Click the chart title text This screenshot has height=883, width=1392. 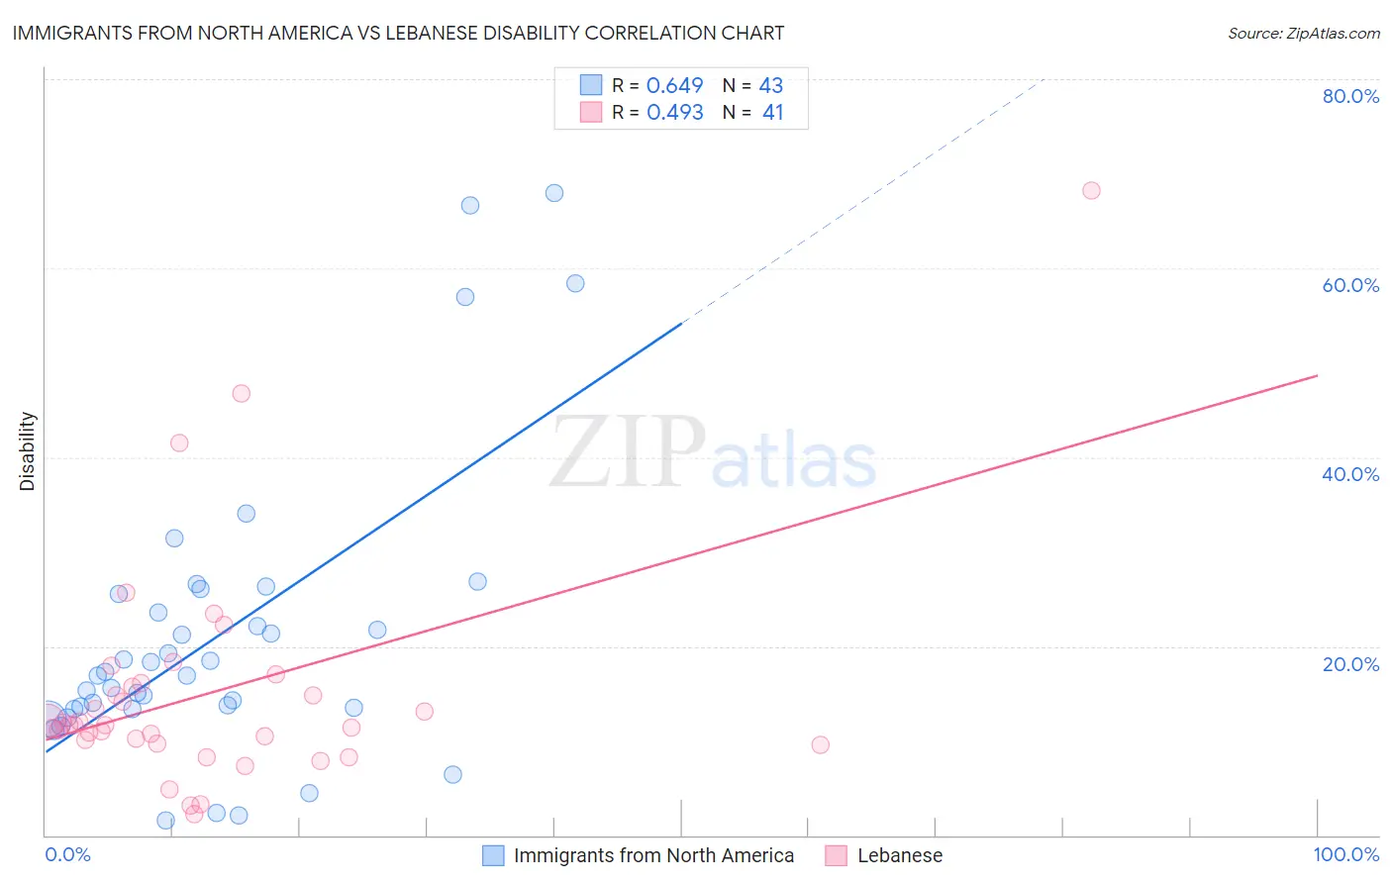[398, 33]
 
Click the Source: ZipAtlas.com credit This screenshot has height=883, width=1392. [1303, 33]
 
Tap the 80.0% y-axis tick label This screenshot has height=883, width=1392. [1350, 96]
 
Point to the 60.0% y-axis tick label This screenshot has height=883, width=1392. [1350, 285]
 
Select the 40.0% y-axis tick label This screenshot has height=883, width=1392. [1350, 474]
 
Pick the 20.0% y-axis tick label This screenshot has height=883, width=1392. [1350, 664]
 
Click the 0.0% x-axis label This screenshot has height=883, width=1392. [67, 854]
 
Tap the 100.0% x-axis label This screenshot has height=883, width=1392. [1345, 854]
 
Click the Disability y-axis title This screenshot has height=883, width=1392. [28, 451]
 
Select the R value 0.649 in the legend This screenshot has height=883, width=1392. [674, 85]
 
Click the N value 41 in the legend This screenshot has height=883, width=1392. [772, 113]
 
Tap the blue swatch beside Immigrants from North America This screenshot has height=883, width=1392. [493, 855]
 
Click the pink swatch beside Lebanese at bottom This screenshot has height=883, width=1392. [837, 855]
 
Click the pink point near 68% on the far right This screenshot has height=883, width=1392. [1091, 190]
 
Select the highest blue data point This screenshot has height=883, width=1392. [554, 193]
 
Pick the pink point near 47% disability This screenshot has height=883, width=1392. [241, 393]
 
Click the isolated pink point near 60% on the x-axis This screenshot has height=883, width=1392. [820, 744]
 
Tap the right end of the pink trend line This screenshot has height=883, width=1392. [1316, 376]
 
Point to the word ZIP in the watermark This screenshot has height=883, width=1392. [627, 453]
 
